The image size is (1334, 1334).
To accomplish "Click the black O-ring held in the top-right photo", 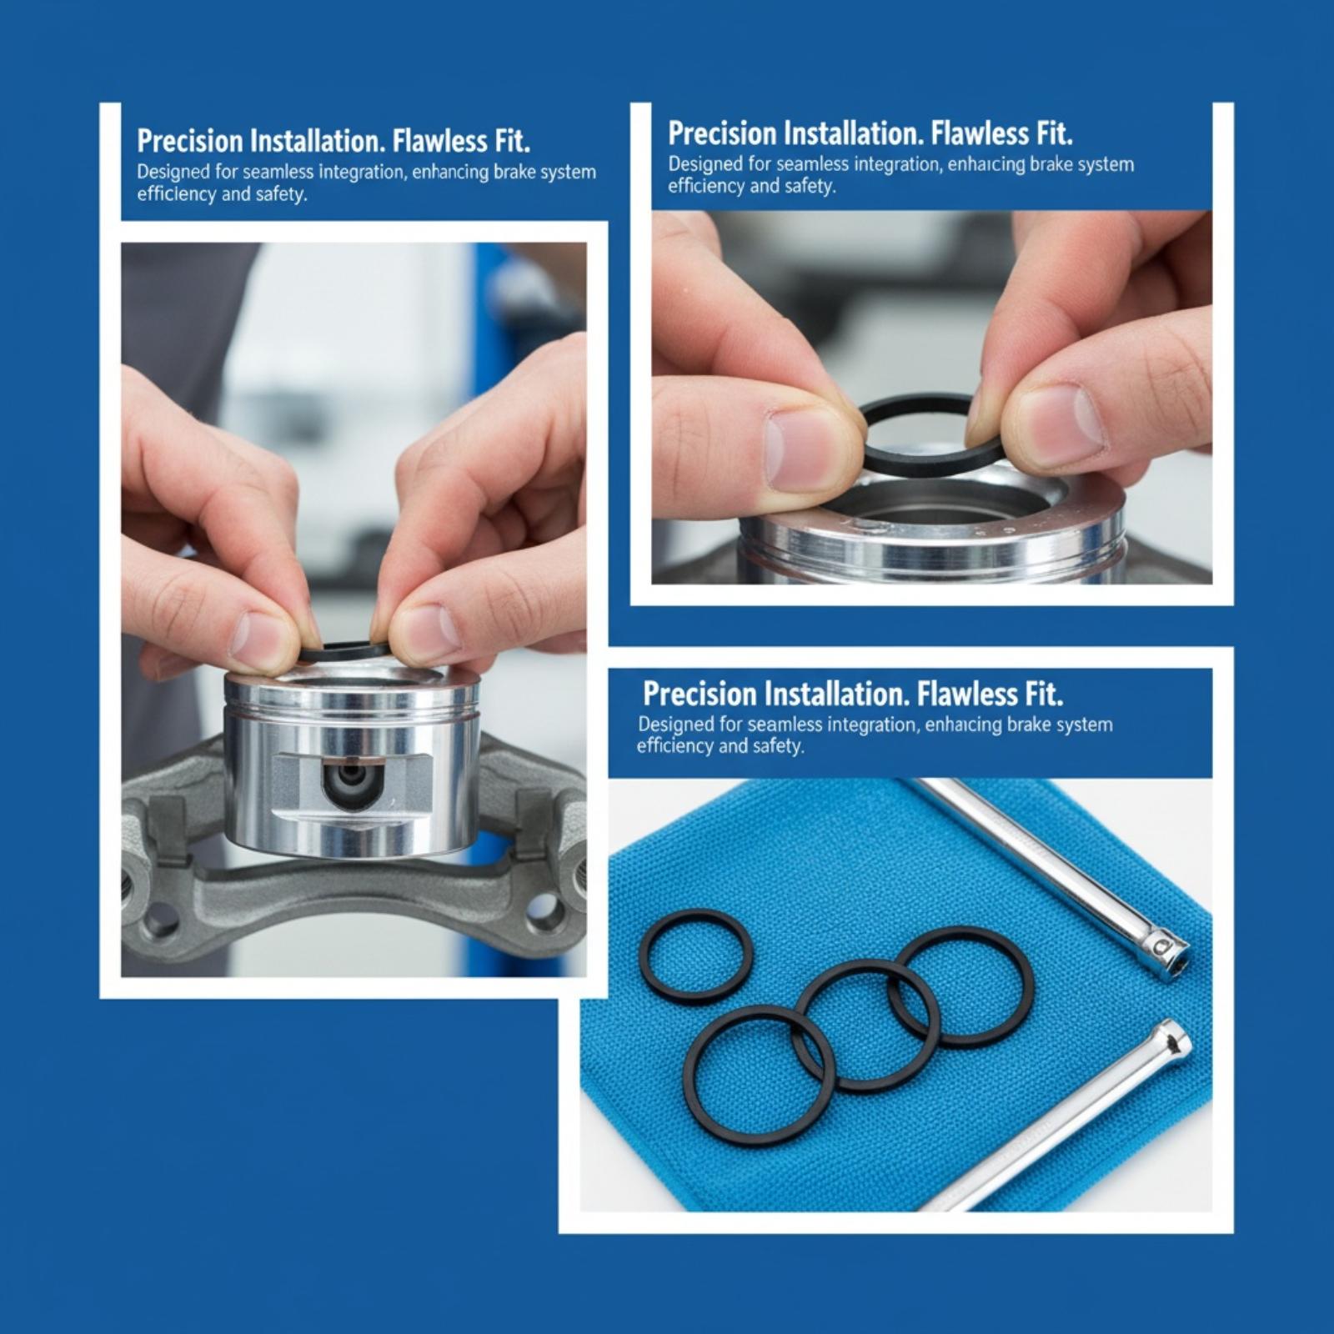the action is coord(930,464).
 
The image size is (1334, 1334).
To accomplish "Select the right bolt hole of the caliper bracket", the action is coord(543,912).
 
